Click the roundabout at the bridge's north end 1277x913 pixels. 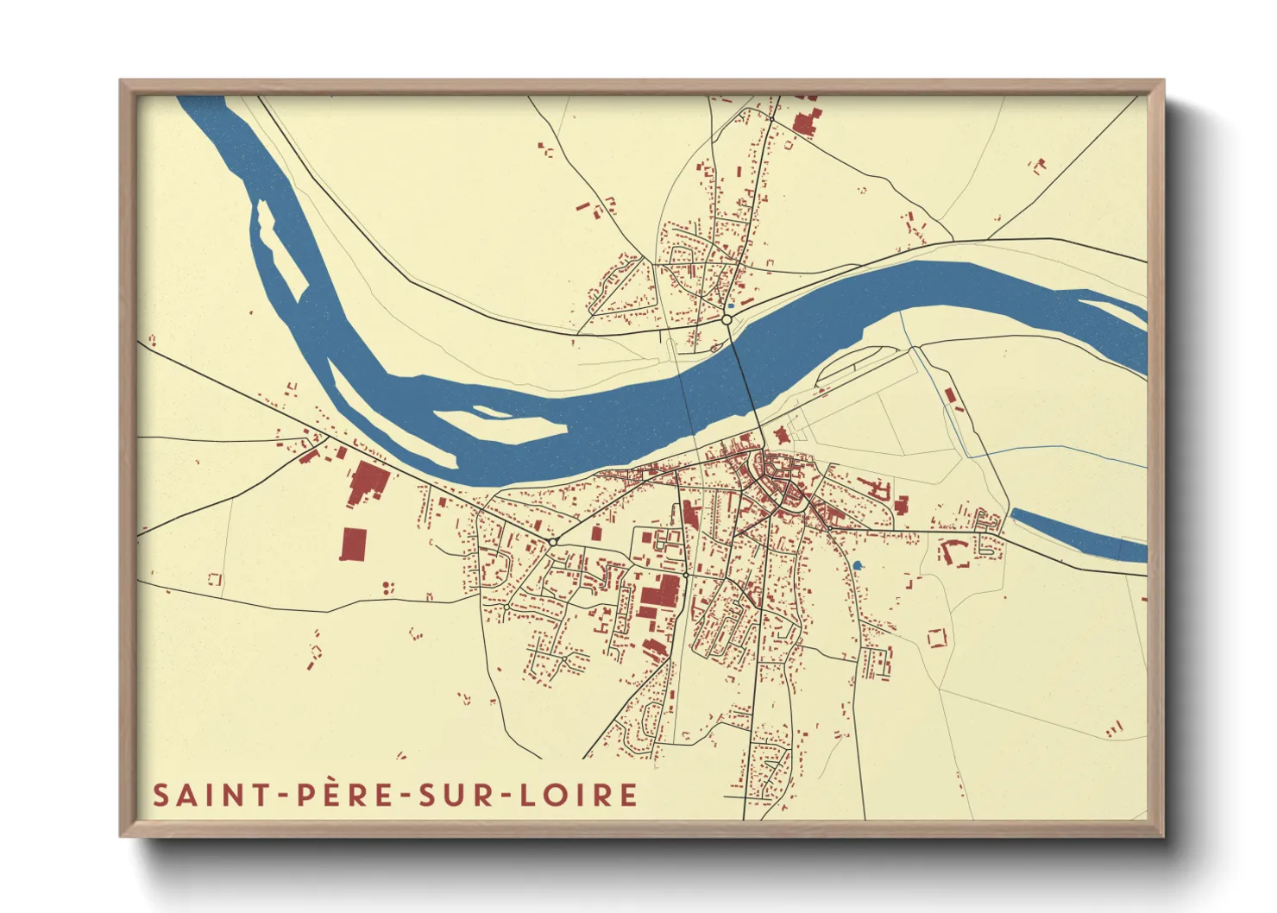pyautogui.click(x=727, y=320)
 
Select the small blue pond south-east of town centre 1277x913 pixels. pyautogui.click(x=856, y=565)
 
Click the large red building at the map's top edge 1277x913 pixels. pyautogui.click(x=804, y=123)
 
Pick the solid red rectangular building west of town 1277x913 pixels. pyautogui.click(x=354, y=545)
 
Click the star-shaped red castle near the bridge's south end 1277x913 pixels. pyautogui.click(x=782, y=435)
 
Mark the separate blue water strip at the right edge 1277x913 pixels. pyautogui.click(x=1079, y=535)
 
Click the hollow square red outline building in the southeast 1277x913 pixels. pyautogui.click(x=936, y=639)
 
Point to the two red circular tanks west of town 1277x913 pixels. pyautogui.click(x=387, y=587)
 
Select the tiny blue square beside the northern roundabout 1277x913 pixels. pyautogui.click(x=732, y=305)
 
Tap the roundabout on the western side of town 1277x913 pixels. pyautogui.click(x=552, y=541)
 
